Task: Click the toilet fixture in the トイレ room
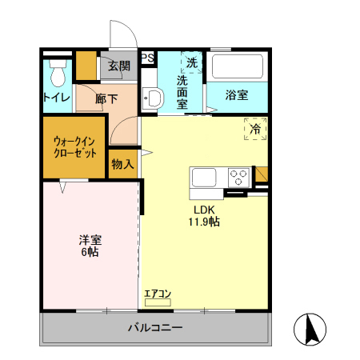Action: (x=57, y=74)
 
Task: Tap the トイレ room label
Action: (x=56, y=98)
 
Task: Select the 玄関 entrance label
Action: (x=119, y=66)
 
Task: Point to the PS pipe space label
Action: (x=147, y=58)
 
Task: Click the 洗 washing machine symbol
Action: (x=192, y=62)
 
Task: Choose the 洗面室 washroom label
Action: (x=182, y=92)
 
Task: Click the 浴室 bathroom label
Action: (x=236, y=95)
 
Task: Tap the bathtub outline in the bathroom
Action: (x=236, y=69)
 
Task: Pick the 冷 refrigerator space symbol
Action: (x=255, y=129)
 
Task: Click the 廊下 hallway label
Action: (x=106, y=99)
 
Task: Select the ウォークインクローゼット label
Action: (x=74, y=146)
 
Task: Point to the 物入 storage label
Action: (x=122, y=164)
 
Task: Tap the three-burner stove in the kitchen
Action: (x=238, y=176)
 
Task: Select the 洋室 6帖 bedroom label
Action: (x=89, y=246)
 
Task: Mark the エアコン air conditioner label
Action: (x=158, y=294)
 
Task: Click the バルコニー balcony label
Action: (x=156, y=328)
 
